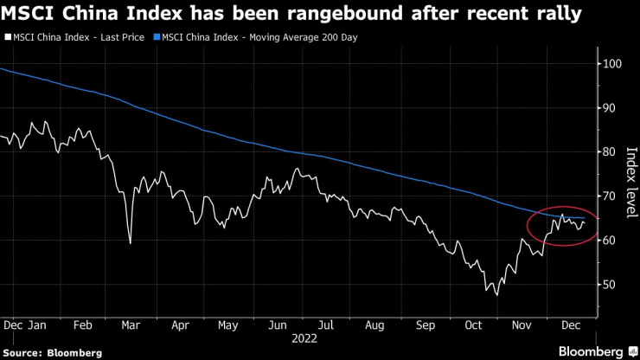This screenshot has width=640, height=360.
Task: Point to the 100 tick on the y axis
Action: (611, 64)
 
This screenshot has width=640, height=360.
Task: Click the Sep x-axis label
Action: (425, 326)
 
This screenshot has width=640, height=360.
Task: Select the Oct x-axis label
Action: (473, 326)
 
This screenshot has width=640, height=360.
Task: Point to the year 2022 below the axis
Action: (304, 340)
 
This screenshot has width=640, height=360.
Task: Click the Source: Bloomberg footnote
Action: (52, 352)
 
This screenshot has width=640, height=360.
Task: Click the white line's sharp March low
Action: (130, 243)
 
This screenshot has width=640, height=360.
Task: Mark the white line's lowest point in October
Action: (496, 295)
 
